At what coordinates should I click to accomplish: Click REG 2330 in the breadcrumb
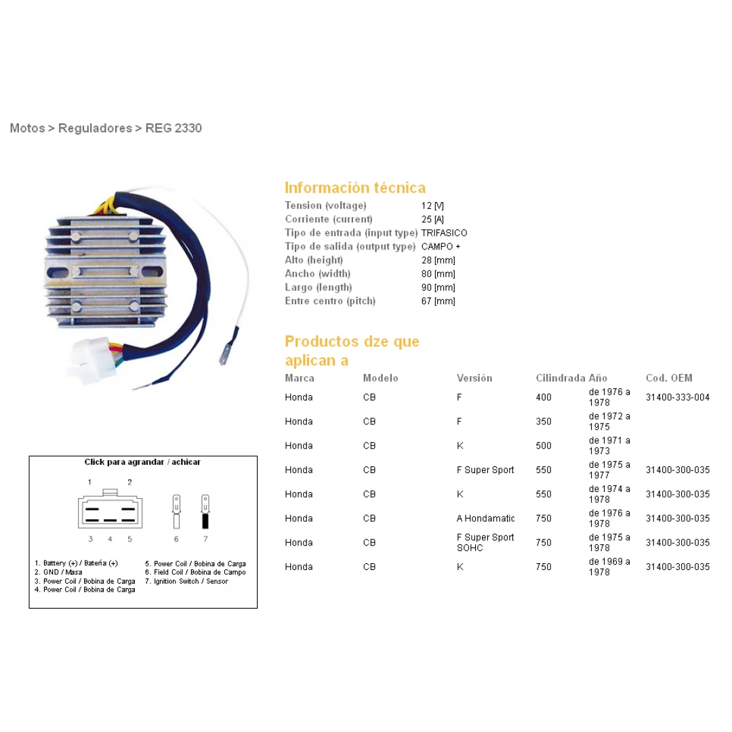[174, 128]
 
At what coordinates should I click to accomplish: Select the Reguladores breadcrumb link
[96, 128]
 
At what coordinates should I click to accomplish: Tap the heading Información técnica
[355, 188]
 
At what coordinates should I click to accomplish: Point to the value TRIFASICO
[444, 233]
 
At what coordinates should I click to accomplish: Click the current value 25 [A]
[432, 220]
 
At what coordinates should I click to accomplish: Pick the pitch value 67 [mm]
[438, 301]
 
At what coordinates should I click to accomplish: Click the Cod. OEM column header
[669, 378]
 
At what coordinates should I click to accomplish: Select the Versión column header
[474, 378]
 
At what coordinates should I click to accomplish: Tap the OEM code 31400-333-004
[677, 397]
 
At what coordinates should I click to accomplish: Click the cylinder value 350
[544, 422]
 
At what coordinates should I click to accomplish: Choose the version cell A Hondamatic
[485, 518]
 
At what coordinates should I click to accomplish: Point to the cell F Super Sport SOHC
[485, 542]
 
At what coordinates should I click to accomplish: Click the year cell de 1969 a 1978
[609, 567]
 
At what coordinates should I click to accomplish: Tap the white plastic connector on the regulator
[91, 359]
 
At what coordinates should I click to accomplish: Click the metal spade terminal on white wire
[226, 354]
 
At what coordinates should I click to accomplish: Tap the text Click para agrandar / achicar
[142, 462]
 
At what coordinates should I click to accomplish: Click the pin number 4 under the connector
[110, 540]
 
